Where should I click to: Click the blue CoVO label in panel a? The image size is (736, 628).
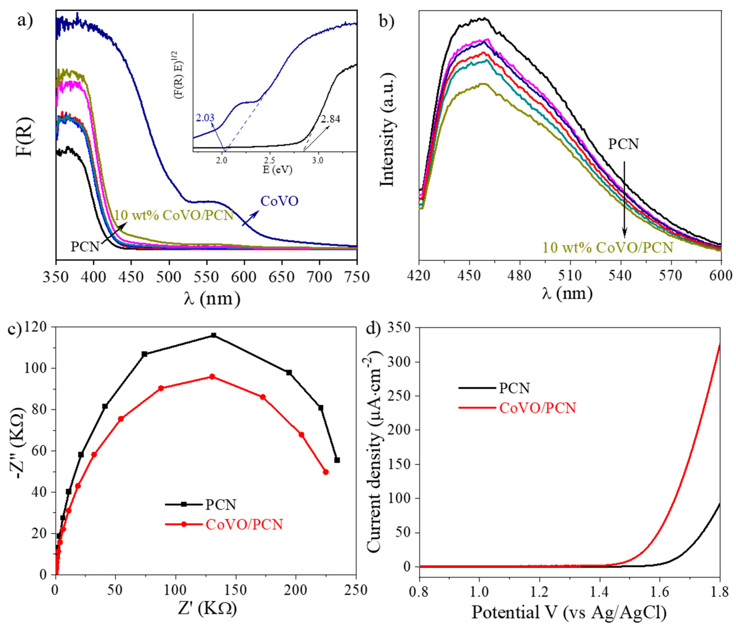point(279,201)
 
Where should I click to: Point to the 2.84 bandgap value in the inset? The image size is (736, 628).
point(330,119)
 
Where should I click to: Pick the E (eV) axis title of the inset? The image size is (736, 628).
point(277,170)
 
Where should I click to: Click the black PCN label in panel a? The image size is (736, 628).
point(85,246)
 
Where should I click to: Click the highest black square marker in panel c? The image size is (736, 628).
point(214,335)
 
